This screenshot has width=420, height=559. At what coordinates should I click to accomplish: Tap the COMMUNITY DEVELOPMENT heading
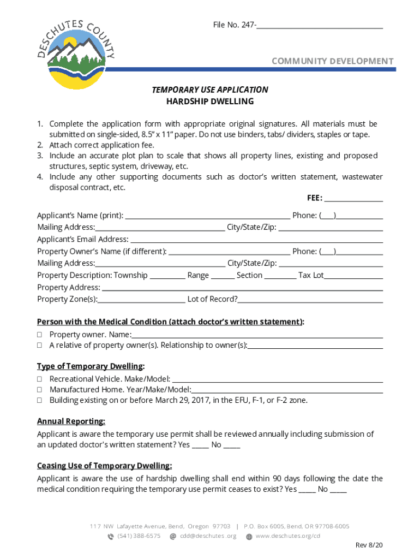(332, 61)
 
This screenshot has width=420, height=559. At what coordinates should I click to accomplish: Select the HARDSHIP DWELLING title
(210, 102)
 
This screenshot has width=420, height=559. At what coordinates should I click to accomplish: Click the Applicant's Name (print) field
(207, 216)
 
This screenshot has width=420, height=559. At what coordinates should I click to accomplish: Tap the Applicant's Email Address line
(256, 240)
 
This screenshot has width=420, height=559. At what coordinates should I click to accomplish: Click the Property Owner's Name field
(229, 252)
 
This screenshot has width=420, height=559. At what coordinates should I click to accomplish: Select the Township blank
(167, 276)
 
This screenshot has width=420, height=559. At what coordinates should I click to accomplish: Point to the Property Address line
(242, 288)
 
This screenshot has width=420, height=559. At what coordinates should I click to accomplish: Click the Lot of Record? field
(310, 300)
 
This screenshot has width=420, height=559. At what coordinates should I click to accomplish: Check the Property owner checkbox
(40, 335)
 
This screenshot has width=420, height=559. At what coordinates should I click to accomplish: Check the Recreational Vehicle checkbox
(40, 379)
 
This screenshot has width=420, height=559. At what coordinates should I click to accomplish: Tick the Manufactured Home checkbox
(40, 390)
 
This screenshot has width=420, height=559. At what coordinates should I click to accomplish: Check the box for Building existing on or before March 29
(40, 400)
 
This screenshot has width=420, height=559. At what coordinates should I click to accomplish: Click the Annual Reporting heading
(71, 421)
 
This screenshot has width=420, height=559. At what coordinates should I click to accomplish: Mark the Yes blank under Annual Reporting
(200, 445)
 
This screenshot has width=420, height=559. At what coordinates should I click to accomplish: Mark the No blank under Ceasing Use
(338, 490)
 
